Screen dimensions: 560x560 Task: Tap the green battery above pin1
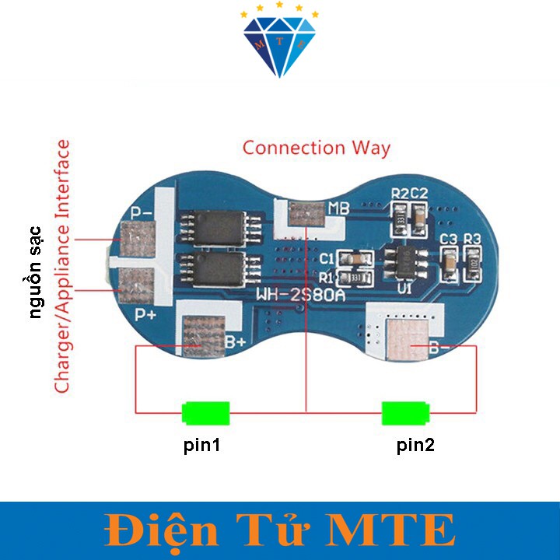pos(206,412)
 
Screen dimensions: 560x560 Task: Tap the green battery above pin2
pos(405,412)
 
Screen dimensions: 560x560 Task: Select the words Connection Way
pos(317,148)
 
